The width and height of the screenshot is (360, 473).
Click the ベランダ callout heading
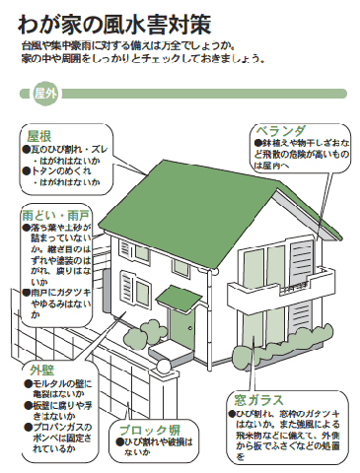[280, 131]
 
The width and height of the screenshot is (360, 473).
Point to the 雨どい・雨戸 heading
[56, 214]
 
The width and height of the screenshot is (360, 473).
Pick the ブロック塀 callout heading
[148, 431]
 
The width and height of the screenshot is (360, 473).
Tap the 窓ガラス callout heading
[258, 400]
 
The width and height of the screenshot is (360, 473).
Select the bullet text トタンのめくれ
[63, 169]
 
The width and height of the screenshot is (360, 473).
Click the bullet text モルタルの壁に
[68, 384]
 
